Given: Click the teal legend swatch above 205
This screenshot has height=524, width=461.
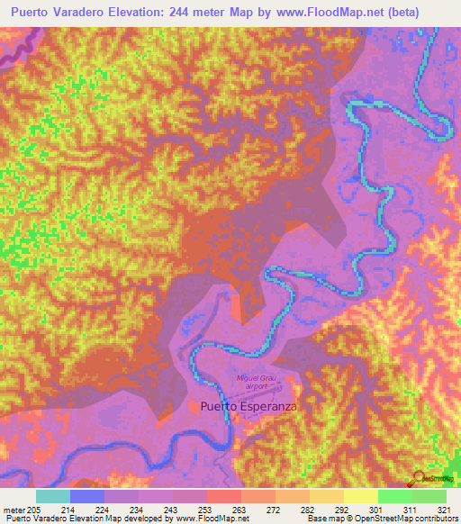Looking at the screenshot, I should tap(52, 496).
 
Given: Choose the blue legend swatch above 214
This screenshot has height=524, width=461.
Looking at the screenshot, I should tap(87, 496).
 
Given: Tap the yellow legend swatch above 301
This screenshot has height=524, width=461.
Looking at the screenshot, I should tap(361, 496).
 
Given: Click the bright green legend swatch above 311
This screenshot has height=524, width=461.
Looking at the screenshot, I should tap(395, 496).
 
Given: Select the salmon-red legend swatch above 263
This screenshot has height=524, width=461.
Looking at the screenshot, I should tap(224, 496).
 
